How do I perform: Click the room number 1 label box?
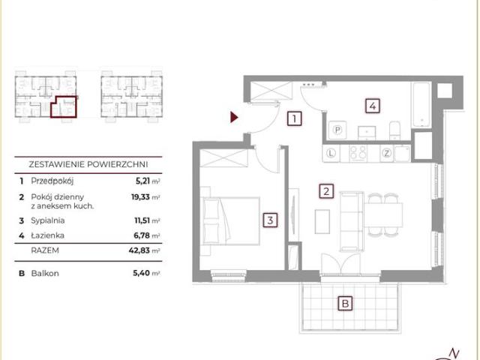[x=294, y=118]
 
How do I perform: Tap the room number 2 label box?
[x=326, y=191]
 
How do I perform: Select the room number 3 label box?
[x=270, y=220]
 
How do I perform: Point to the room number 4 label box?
[x=373, y=106]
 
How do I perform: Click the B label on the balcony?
[x=345, y=304]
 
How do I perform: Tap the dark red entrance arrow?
[x=234, y=117]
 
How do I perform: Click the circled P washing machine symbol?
[x=337, y=130]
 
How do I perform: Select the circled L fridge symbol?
[x=331, y=153]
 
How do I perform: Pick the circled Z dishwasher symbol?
[x=387, y=153]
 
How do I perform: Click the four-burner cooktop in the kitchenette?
[x=358, y=153]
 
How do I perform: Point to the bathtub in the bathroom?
[x=421, y=104]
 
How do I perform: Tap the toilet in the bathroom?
[x=394, y=130]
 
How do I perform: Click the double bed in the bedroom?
[x=230, y=221]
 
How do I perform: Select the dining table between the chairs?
[x=383, y=214]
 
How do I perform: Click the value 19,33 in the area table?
[x=140, y=196]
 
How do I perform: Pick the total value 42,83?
[x=139, y=250]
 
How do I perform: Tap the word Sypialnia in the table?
[x=48, y=220]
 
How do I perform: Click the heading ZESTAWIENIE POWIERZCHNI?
[x=88, y=164]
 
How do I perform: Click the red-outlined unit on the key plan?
[x=64, y=107]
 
